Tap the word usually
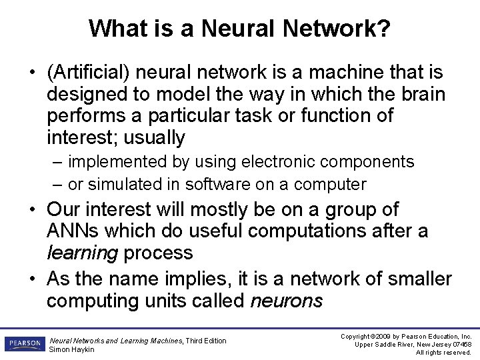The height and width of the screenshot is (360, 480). tap(153, 138)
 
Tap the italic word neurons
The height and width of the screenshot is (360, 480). tap(286, 301)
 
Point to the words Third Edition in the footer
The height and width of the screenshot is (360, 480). tap(206, 341)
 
